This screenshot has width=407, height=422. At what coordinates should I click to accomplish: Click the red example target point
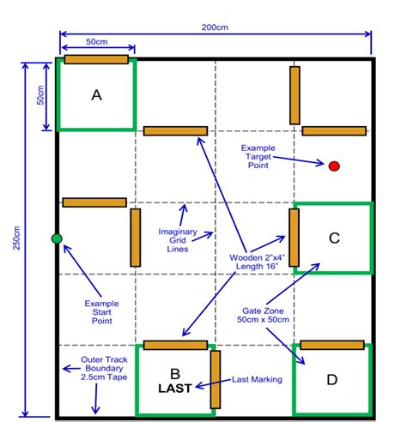tap(334, 166)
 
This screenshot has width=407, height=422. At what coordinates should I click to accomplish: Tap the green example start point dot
tap(57, 238)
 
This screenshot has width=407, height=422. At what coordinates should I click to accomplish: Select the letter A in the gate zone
tap(96, 95)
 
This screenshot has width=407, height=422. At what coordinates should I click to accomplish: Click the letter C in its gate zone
tap(334, 238)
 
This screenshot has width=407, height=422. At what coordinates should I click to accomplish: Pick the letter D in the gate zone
tap(332, 380)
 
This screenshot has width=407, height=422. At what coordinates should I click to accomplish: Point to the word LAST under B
tap(175, 389)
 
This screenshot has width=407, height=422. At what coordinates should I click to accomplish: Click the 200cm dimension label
tap(215, 27)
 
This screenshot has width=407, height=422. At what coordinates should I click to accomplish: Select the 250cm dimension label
tap(16, 238)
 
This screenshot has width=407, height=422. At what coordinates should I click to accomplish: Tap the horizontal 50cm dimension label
tap(97, 42)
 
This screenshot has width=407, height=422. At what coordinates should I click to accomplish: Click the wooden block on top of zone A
tap(96, 59)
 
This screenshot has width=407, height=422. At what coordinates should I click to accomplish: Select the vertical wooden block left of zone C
tap(294, 238)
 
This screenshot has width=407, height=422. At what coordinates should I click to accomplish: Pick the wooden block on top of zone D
tap(332, 345)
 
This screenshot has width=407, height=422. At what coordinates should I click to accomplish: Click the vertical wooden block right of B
tap(216, 379)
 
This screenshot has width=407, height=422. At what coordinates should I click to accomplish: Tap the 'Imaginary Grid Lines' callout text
tap(178, 240)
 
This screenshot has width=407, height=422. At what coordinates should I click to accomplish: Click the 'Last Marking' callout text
tap(257, 379)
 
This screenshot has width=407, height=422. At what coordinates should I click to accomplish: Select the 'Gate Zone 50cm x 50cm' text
tap(263, 315)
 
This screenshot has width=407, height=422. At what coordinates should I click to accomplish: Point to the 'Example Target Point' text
tap(258, 156)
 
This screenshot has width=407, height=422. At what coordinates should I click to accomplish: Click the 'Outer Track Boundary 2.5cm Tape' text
tap(104, 368)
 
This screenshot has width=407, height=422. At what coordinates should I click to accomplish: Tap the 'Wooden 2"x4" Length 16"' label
tap(257, 262)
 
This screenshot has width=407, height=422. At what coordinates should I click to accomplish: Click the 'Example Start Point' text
tap(101, 312)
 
